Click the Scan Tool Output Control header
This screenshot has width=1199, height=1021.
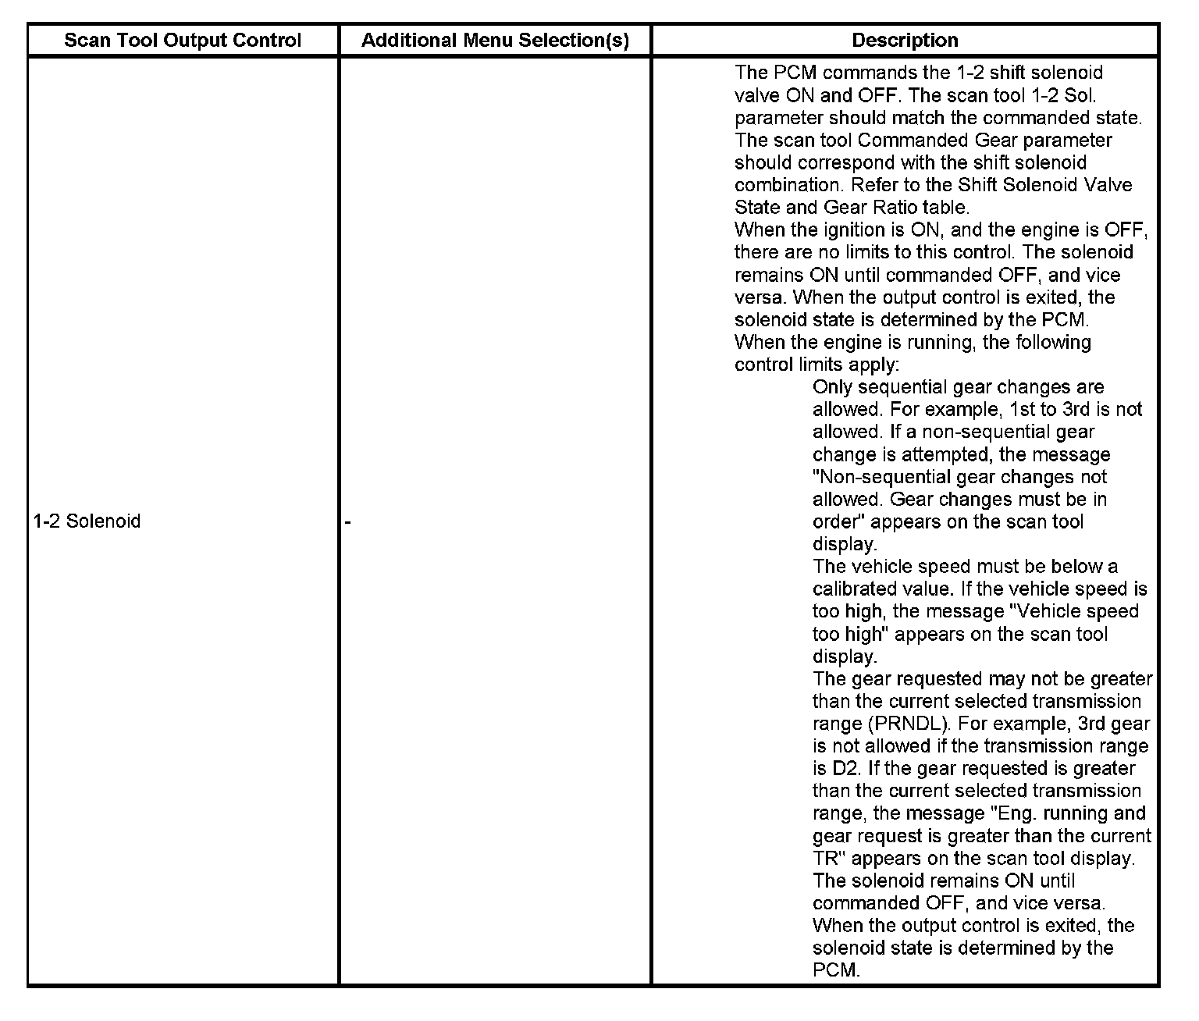[x=183, y=41]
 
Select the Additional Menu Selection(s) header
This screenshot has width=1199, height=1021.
[x=495, y=41]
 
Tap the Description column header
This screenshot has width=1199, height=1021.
[x=905, y=41]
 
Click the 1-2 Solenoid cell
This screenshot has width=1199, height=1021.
[x=87, y=521]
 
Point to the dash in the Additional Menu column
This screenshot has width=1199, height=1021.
[x=348, y=522]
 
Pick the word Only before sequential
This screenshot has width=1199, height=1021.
[x=831, y=387]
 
